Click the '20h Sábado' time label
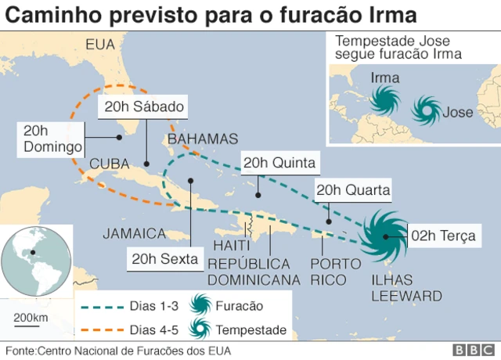pyautogui.click(x=142, y=106)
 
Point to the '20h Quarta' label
pyautogui.click(x=352, y=190)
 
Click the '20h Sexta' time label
pyautogui.click(x=164, y=260)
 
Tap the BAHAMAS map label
pyautogui.click(x=202, y=139)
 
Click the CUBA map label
pyautogui.click(x=110, y=163)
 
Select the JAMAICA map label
pyautogui.click(x=134, y=233)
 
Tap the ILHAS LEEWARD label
pyautogui.click(x=405, y=288)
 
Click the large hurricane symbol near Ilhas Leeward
pyautogui.click(x=384, y=236)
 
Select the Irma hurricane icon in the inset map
pyautogui.click(x=384, y=99)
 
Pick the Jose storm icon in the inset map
pyautogui.click(x=426, y=111)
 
